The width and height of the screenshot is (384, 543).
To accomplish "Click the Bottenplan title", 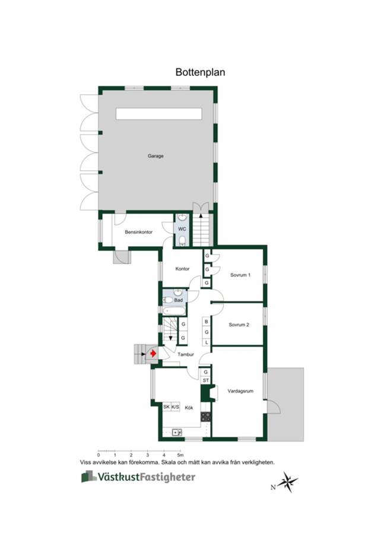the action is click(x=200, y=72).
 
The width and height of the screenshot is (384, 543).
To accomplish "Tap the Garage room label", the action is click(x=155, y=156).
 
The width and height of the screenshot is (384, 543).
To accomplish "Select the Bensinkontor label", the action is click(x=138, y=232).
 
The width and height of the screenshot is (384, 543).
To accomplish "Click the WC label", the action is click(x=182, y=229).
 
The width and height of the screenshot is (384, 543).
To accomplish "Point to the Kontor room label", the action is click(x=182, y=269).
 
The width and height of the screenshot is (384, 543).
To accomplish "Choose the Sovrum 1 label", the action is click(x=240, y=275).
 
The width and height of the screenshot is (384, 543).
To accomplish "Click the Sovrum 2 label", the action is click(x=239, y=325).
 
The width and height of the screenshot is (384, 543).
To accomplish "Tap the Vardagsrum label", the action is click(x=240, y=391).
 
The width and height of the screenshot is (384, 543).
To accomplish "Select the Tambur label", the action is click(x=186, y=355).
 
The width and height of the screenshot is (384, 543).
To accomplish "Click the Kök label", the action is click(x=189, y=408).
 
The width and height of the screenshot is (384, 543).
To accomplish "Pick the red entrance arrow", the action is click(x=153, y=354).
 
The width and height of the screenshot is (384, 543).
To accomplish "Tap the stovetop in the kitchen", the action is click(x=206, y=417).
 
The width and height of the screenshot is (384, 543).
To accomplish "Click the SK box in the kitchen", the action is click(x=167, y=407).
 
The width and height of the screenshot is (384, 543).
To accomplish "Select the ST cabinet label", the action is click(x=206, y=380).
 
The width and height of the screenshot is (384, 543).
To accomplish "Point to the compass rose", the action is click(x=287, y=482).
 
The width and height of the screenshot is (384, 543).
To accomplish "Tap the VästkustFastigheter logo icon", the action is click(x=89, y=477).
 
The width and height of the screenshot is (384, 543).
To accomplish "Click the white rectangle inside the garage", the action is click(x=159, y=114).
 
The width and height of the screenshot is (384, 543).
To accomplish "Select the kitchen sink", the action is click(x=177, y=433).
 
